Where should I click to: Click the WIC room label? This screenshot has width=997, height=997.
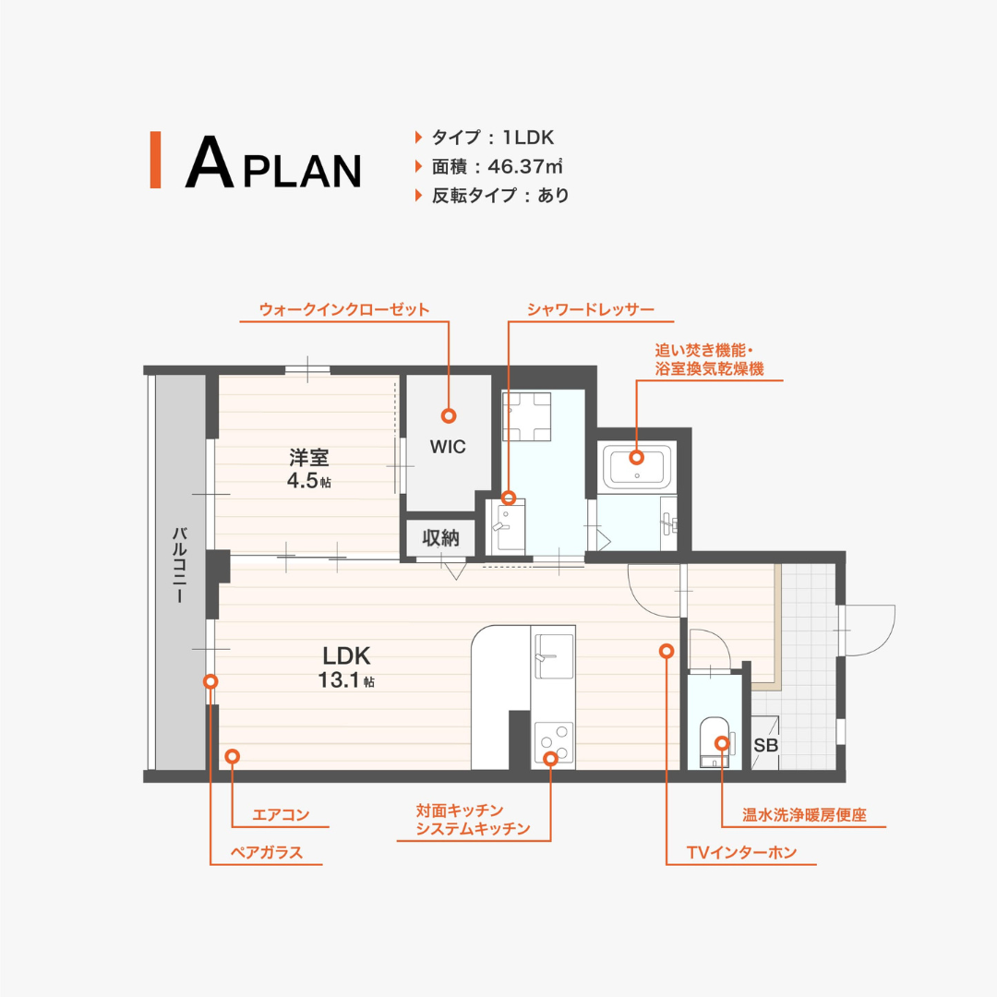pyautogui.click(x=448, y=447)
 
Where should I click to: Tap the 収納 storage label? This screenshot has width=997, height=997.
pyautogui.click(x=440, y=538)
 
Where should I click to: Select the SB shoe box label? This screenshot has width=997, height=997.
pyautogui.click(x=765, y=745)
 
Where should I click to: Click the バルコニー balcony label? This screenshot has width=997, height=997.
pyautogui.click(x=179, y=564)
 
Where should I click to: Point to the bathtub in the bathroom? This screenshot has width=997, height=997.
pyautogui.click(x=636, y=466)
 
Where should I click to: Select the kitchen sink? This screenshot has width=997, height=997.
pyautogui.click(x=553, y=655)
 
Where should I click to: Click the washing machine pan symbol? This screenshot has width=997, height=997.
pyautogui.click(x=526, y=416)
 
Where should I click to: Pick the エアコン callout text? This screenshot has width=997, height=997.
pyautogui.click(x=281, y=814)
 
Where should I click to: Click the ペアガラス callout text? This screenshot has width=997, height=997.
pyautogui.click(x=267, y=852)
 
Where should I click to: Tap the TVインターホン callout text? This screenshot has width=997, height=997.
pyautogui.click(x=741, y=852)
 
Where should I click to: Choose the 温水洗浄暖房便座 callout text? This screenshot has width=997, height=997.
pyautogui.click(x=804, y=814)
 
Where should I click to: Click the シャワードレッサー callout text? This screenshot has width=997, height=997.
pyautogui.click(x=591, y=309)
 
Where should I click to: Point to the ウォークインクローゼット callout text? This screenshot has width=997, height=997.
pyautogui.click(x=344, y=309)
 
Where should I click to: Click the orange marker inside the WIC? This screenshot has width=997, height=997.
pyautogui.click(x=449, y=415)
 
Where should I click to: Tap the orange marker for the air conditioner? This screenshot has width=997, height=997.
pyautogui.click(x=232, y=756)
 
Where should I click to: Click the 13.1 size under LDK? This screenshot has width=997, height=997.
pyautogui.click(x=339, y=679)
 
